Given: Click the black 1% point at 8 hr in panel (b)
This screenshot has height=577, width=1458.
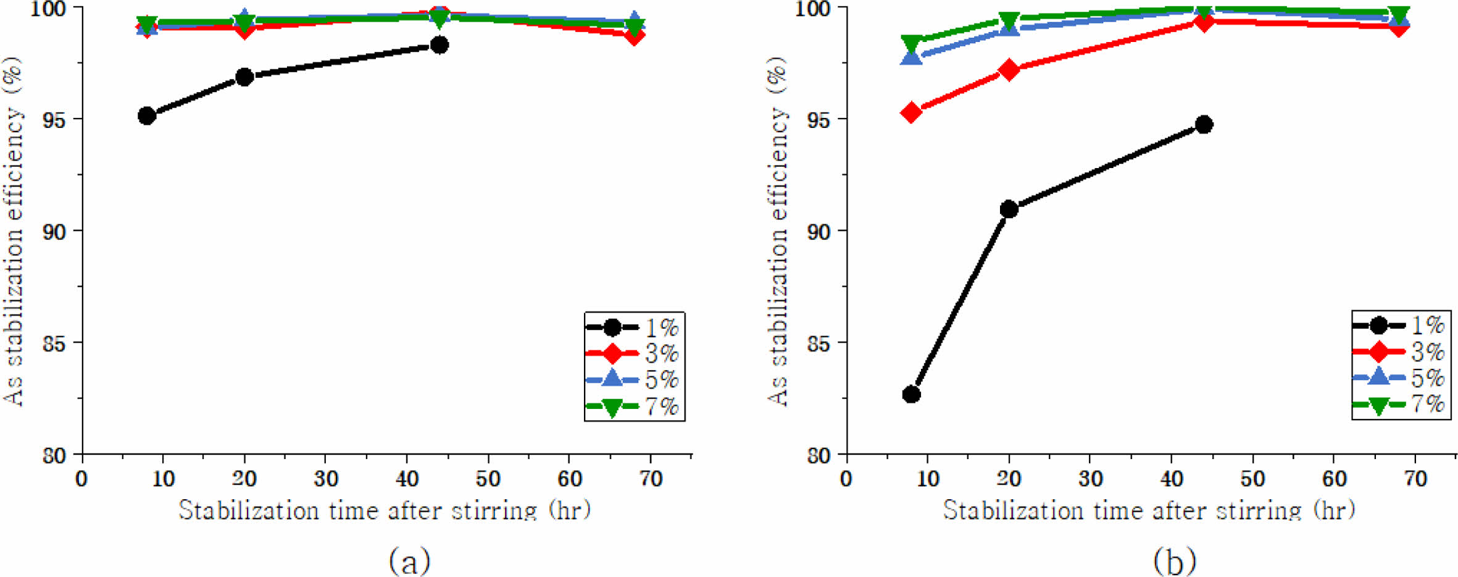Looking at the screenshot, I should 911,394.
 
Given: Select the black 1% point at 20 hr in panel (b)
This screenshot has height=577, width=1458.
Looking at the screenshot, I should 1009,209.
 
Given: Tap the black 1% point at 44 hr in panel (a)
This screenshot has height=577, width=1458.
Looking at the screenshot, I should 439,44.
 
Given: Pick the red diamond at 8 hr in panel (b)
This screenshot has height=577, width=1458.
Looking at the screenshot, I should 911,112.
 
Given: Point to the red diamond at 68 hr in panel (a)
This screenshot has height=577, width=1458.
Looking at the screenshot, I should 634,35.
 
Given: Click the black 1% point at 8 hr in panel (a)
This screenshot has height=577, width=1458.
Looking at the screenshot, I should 147,116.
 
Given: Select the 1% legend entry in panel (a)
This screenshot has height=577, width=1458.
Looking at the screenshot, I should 633,327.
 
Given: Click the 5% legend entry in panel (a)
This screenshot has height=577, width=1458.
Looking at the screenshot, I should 633,379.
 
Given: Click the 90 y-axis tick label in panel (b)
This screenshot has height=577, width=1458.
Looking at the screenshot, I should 819,232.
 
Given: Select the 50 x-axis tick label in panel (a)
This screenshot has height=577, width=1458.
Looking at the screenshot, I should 488,479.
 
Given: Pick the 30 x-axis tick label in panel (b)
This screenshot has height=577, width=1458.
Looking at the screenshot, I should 1090,479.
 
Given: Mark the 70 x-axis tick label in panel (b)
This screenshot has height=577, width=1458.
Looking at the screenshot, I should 1415,479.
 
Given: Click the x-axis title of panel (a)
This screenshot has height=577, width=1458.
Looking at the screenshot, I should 385,510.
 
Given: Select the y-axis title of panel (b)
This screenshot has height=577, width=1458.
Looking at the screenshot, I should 778,231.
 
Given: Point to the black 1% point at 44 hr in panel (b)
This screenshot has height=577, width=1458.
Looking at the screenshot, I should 1204,124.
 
